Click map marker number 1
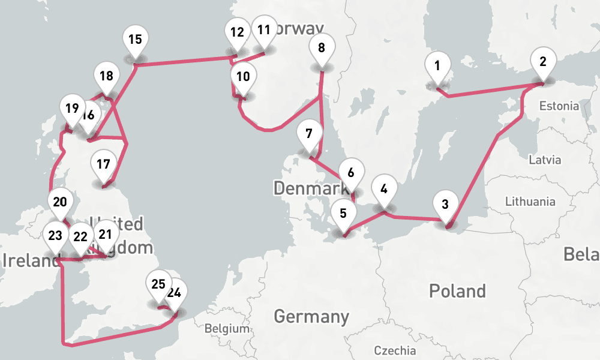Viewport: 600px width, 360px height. pos(437,65)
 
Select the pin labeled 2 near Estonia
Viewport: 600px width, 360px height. pos(543,61)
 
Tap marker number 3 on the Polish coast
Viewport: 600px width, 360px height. pos(445,203)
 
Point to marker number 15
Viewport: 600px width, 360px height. pos(136,40)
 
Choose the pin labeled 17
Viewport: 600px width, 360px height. pos(103,163)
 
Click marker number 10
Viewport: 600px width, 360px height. pos(243,76)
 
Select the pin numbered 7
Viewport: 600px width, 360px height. pos(308,133)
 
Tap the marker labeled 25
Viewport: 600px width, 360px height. pos(158,284)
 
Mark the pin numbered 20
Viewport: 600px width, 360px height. pos(59,202)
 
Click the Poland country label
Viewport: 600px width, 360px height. pos(457,292)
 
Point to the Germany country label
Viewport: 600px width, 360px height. pos(311,316)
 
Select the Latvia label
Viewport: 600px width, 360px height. pos(545,160)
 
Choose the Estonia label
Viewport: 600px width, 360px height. pos(559,106)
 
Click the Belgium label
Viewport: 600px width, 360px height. pos(226,329)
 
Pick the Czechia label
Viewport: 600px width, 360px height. pos(394,350)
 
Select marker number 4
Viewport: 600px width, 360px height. pos(384,188)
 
